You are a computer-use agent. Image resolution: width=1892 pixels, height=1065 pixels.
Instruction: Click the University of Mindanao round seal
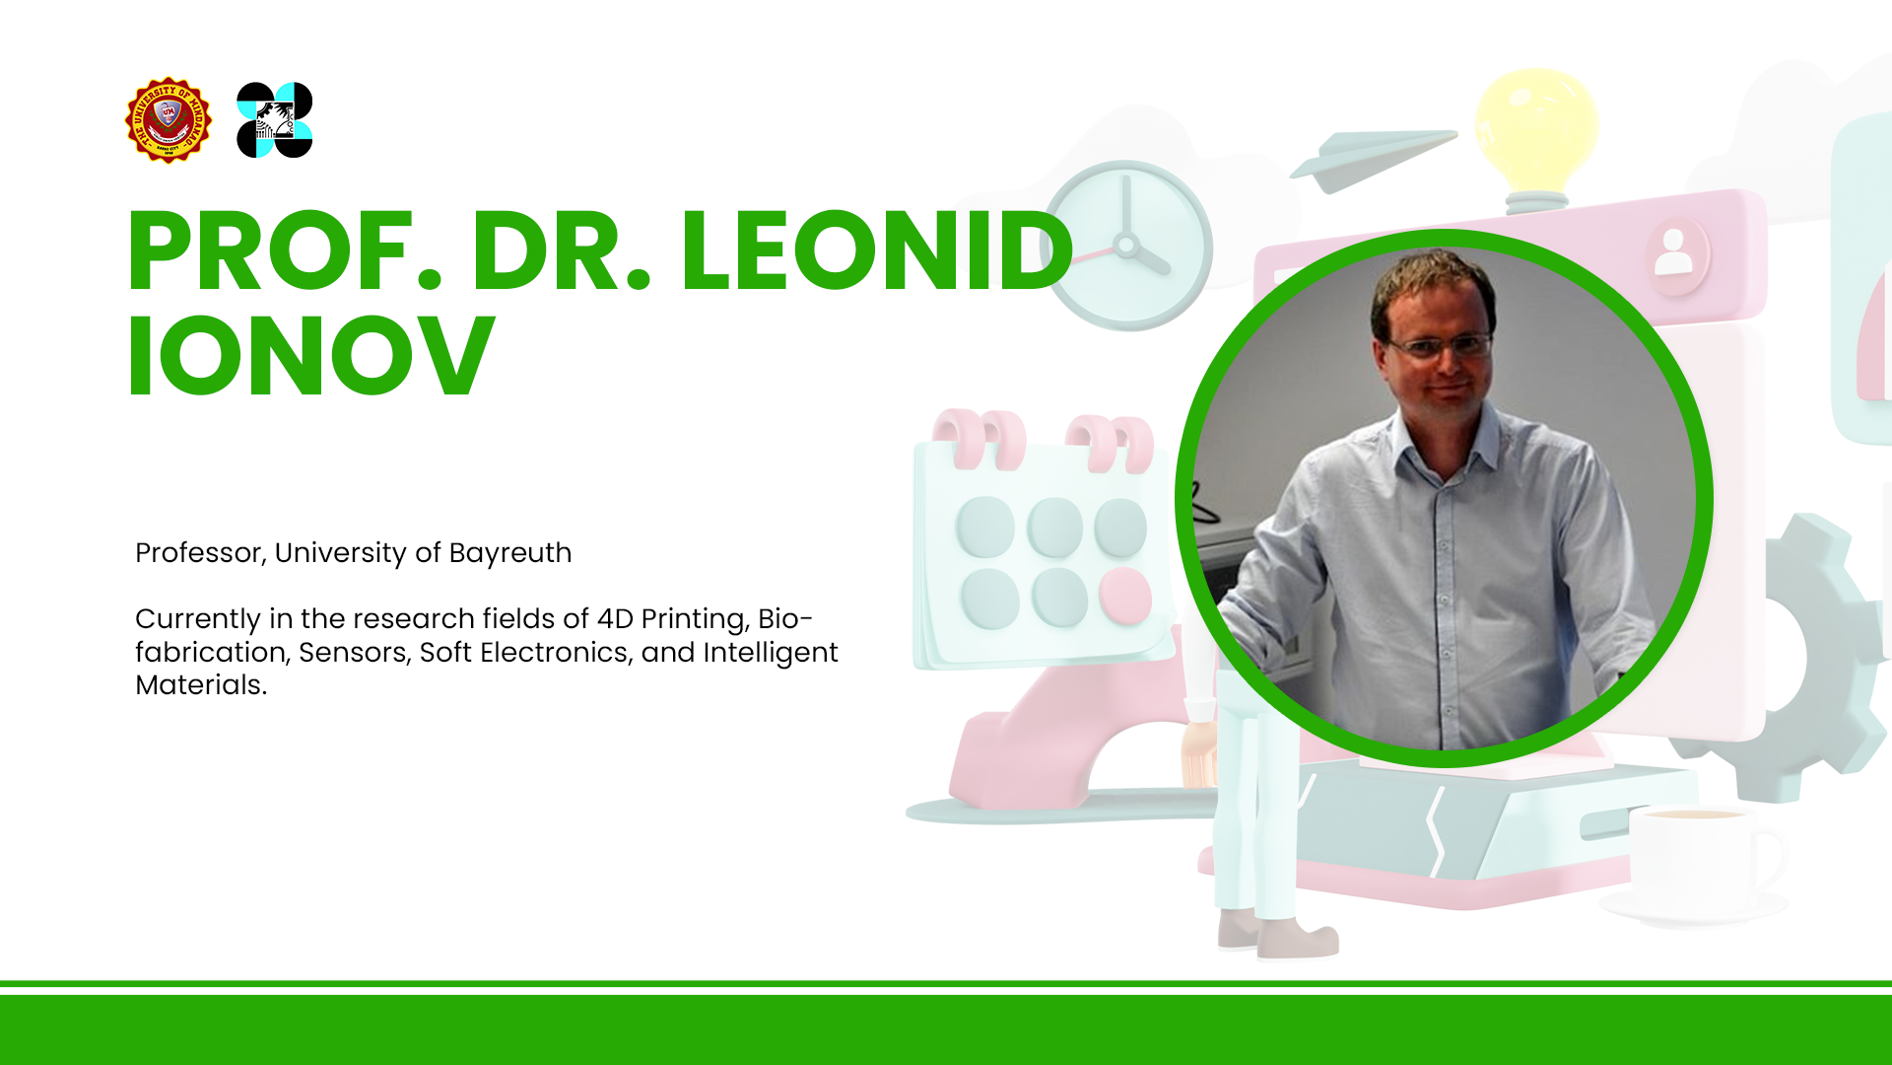169,120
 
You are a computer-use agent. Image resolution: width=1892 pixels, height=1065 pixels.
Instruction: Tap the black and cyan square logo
275,120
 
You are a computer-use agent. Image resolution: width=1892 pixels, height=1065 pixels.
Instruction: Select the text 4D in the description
615,618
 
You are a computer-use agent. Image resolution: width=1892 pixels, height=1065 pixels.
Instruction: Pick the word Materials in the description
201,684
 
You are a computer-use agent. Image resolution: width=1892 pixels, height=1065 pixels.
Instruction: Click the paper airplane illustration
1372,158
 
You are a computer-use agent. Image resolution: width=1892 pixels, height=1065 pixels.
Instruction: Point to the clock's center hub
1125,245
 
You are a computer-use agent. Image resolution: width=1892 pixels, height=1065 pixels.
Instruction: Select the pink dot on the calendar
1124,596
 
